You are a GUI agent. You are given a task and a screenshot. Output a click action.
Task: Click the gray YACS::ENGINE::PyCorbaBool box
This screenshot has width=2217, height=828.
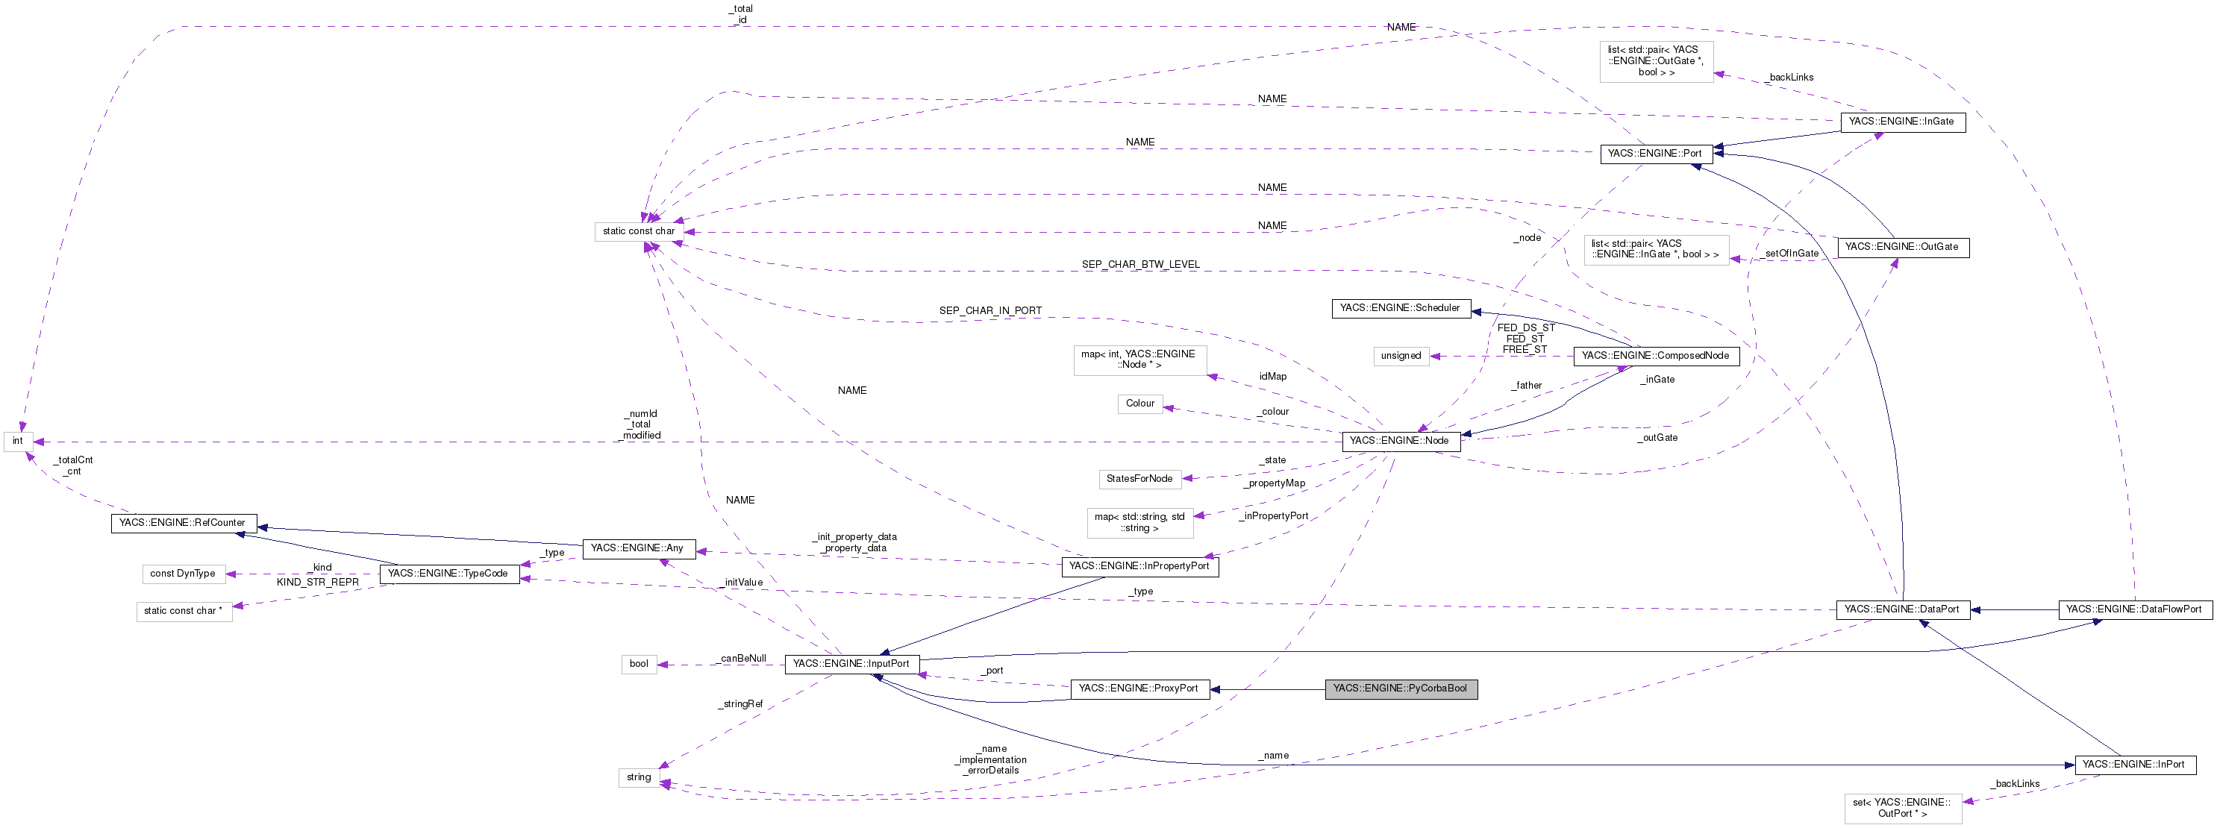1400,689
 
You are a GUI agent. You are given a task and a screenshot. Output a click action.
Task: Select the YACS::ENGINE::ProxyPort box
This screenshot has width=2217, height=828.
1139,689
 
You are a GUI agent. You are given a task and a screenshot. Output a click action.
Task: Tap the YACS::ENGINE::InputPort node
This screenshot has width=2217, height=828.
851,664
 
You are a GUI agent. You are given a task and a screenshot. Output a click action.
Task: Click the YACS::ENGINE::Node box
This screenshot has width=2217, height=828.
1399,441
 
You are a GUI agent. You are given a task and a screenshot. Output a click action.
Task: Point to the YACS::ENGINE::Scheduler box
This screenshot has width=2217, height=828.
1400,308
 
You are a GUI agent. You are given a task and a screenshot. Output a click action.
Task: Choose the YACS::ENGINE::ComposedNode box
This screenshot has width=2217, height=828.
1655,356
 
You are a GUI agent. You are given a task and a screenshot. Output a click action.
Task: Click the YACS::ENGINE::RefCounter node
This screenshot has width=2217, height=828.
183,522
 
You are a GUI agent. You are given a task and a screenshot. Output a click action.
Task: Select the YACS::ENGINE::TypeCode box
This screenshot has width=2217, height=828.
448,573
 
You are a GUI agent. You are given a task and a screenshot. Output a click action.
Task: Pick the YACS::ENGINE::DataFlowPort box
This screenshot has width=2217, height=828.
2133,609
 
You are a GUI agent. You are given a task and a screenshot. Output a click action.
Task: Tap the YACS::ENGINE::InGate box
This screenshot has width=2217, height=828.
1901,122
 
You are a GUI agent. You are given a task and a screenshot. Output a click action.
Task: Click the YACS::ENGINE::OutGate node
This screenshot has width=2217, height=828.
1902,247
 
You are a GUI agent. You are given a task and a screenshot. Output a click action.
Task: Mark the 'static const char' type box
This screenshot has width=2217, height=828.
639,231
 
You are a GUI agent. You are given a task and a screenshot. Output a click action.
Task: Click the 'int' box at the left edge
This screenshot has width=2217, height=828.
17,441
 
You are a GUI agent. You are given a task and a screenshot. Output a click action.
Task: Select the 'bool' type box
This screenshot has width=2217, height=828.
639,664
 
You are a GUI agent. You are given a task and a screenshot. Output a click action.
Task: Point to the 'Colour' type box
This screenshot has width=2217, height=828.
1139,404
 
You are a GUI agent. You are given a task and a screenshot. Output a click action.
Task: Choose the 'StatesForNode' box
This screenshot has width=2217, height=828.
1139,479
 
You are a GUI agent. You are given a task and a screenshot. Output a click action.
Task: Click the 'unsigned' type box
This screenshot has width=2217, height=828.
1400,356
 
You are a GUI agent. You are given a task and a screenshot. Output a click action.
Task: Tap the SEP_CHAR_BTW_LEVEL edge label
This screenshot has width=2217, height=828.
1140,264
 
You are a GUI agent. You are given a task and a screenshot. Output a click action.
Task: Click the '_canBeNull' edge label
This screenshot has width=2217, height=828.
742,659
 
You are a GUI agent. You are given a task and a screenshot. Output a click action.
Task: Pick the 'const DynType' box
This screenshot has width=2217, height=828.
183,573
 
